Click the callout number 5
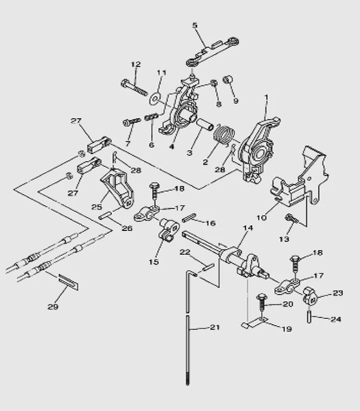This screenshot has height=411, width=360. (x=194, y=25)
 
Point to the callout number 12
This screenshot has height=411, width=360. (x=135, y=64)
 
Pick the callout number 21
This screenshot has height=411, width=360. (x=214, y=328)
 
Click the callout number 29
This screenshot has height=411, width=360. (x=53, y=306)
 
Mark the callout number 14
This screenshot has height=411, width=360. (x=248, y=228)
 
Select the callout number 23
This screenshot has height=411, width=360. (x=338, y=293)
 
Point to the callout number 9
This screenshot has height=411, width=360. (x=236, y=101)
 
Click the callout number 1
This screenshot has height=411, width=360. (x=266, y=98)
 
